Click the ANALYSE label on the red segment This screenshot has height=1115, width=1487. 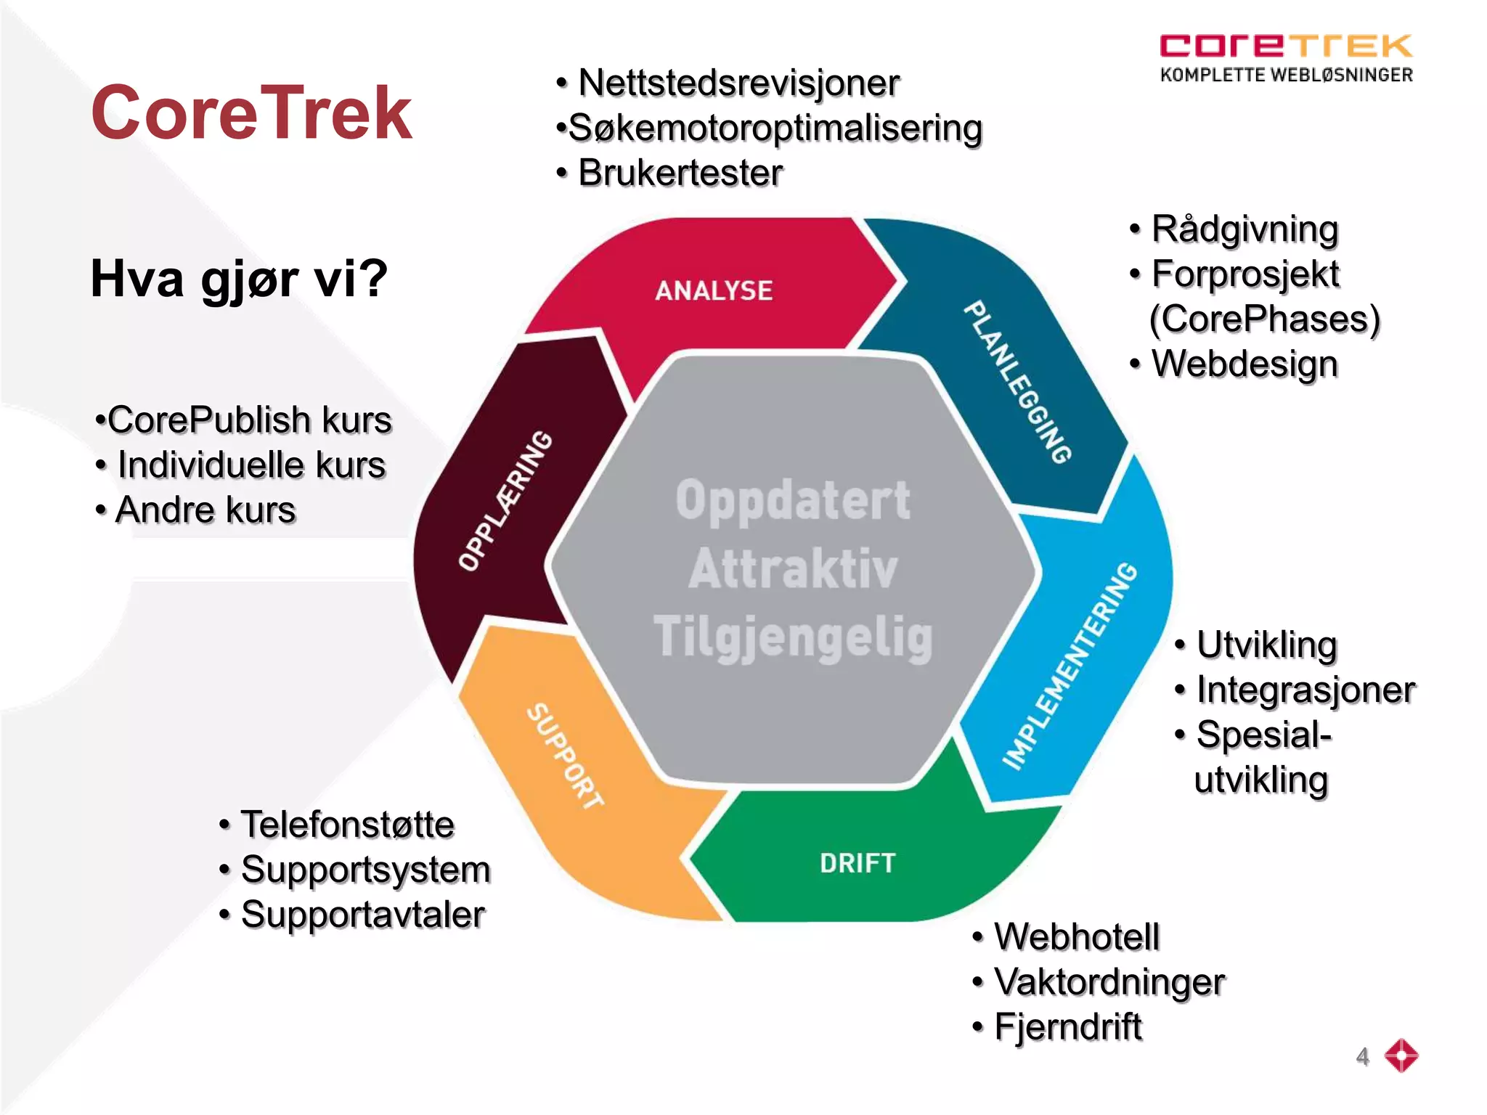pos(714,290)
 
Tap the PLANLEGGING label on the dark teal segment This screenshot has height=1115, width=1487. pos(1017,382)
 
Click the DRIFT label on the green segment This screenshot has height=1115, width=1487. pos(857,863)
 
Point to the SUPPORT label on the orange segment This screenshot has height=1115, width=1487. pos(564,756)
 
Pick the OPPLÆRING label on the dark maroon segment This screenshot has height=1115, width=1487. pos(505,501)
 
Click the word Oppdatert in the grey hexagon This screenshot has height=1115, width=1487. pos(793,500)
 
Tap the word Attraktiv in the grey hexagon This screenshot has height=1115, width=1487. pos(793,568)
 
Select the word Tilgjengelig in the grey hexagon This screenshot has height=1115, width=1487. pos(793,637)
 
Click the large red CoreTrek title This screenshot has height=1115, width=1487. pos(251,113)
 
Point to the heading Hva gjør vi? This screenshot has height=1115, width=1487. pos(239,279)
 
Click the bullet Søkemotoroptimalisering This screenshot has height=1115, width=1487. pos(775,128)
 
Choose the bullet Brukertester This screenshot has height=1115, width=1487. pos(680,173)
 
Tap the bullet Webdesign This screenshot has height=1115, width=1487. pos(1244,364)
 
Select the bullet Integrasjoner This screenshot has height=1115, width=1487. pos(1305,690)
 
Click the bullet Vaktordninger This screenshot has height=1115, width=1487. pos(1109,982)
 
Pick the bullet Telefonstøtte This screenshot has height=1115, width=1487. pos(347,825)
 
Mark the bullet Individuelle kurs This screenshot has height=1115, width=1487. pos(250,465)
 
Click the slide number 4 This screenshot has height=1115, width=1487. pos(1362,1056)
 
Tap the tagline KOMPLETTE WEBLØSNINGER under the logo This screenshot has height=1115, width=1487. pos(1286,75)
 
